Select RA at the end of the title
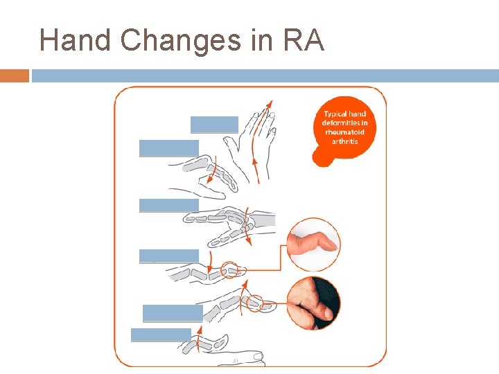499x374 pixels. (x=304, y=41)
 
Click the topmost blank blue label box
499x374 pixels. (x=214, y=124)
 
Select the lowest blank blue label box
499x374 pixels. (x=161, y=335)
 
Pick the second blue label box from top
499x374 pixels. (x=169, y=148)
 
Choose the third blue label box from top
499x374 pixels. (x=169, y=205)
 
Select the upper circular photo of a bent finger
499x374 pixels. (x=314, y=245)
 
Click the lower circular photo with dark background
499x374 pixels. (x=314, y=303)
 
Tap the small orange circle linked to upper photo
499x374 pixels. (x=229, y=269)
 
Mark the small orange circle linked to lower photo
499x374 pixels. (x=254, y=303)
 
